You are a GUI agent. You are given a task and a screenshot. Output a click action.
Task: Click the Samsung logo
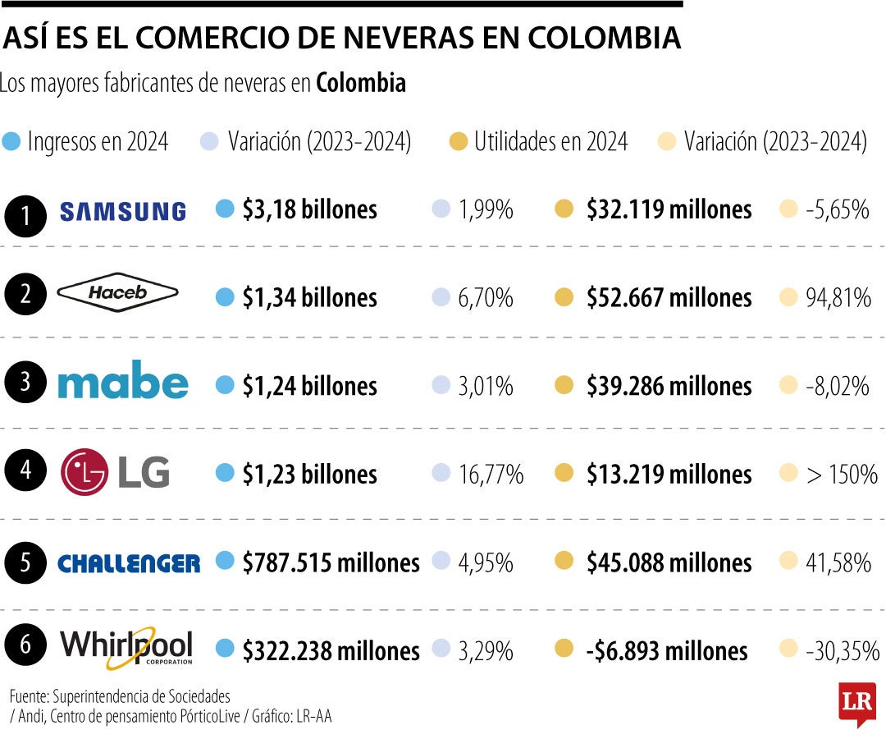click(x=123, y=211)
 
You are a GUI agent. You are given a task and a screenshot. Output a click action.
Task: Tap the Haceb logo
click(x=118, y=293)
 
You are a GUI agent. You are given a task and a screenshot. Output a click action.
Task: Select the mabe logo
click(x=123, y=383)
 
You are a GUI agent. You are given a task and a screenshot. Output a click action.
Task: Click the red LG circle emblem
click(x=84, y=472)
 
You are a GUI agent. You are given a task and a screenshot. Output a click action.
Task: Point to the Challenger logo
click(x=129, y=563)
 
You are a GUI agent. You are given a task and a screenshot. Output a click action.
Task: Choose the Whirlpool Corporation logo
click(x=127, y=647)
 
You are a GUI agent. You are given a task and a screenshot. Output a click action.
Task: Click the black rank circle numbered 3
click(x=26, y=383)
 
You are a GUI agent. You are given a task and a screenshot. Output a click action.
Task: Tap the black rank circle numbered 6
click(x=26, y=648)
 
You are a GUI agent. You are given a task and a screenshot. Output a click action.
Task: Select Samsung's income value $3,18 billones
click(x=309, y=210)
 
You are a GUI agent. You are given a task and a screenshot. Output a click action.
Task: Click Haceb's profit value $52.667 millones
click(x=669, y=298)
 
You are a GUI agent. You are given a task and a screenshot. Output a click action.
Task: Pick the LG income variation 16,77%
click(x=491, y=475)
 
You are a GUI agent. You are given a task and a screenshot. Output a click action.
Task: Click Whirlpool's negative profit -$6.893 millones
click(x=666, y=652)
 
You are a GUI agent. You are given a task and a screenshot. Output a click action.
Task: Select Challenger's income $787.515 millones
click(x=331, y=563)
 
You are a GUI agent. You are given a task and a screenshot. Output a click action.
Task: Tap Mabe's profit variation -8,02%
click(x=837, y=386)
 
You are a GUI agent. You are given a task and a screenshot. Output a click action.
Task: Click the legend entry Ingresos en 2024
click(x=97, y=142)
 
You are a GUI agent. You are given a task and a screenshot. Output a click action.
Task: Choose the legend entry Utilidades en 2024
click(x=550, y=142)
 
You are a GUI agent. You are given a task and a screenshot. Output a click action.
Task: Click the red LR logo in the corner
click(x=856, y=702)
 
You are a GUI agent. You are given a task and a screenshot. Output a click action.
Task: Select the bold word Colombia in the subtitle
click(x=361, y=84)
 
